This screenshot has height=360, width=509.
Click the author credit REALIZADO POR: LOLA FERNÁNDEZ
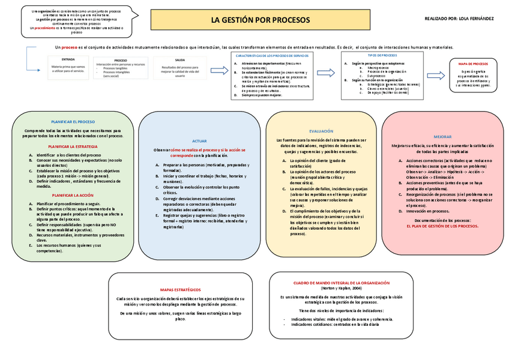pyautogui.click(x=459, y=19)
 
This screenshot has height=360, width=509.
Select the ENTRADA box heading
pyautogui.click(x=68, y=59)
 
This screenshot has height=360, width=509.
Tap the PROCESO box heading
pyautogui.click(x=120, y=60)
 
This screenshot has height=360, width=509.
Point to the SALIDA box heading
pyautogui.click(x=180, y=60)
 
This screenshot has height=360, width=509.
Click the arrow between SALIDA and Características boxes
pyautogui.click(x=219, y=70)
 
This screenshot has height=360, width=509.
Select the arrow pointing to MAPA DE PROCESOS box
pyautogui.click(x=436, y=76)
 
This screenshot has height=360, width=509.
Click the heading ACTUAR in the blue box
pyautogui.click(x=199, y=140)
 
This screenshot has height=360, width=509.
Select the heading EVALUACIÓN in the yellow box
pyautogui.click(x=321, y=131)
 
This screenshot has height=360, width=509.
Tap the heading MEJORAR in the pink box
pyautogui.click(x=442, y=136)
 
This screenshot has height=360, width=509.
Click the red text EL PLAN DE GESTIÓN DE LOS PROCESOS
pyautogui.click(x=442, y=226)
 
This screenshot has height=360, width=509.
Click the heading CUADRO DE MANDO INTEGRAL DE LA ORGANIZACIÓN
pyautogui.click(x=341, y=282)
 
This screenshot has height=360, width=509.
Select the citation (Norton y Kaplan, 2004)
pyautogui.click(x=341, y=288)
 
